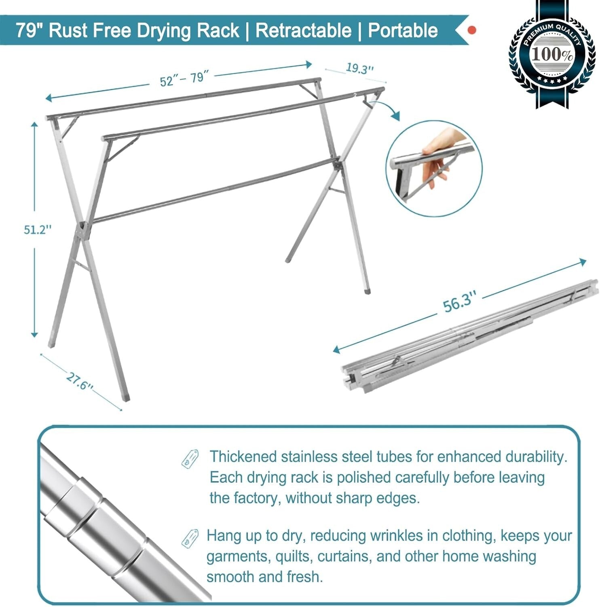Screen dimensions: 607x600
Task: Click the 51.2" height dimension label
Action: click(x=38, y=229)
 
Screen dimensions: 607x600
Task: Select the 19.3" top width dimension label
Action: click(x=359, y=68)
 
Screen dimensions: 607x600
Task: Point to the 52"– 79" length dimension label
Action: click(x=184, y=79)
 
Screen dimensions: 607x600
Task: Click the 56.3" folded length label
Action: click(x=457, y=302)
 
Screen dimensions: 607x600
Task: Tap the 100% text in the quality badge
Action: click(x=551, y=54)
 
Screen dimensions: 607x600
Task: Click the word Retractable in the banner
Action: click(x=304, y=31)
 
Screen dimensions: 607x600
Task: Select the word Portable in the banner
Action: click(x=403, y=31)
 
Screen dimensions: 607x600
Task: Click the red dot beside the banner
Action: click(x=471, y=30)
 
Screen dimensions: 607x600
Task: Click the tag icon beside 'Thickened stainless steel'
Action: click(x=190, y=458)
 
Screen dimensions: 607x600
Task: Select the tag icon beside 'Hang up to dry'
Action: click(x=190, y=538)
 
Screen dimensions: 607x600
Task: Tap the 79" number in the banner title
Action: click(x=27, y=31)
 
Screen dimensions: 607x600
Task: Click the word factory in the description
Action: click(x=257, y=497)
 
